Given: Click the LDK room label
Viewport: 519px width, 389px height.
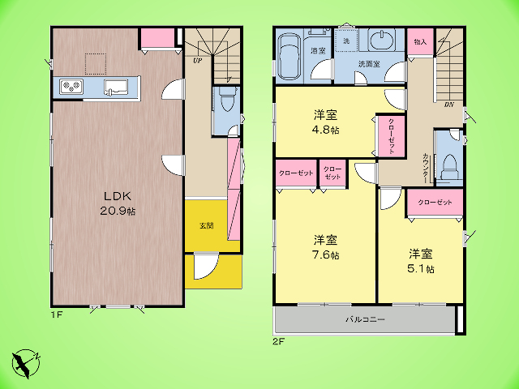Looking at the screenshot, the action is tap(118, 196).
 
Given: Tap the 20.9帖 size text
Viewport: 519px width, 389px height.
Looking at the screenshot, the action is tap(118, 211).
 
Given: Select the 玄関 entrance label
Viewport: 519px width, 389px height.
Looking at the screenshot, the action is tap(206, 226).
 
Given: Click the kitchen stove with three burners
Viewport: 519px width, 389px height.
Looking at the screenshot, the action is tap(71, 87).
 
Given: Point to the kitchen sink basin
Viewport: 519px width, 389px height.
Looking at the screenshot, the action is tap(116, 87).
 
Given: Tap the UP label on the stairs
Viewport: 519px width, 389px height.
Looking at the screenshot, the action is tap(198, 61).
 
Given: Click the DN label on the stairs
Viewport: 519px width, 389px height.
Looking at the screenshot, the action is tap(448, 105).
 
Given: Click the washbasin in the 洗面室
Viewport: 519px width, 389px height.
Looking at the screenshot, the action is tap(382, 41).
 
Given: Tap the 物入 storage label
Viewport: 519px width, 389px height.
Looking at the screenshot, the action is tap(420, 42).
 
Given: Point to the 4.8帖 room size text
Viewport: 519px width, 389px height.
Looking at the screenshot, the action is tap(326, 130).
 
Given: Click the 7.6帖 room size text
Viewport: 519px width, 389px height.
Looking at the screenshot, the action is tap(326, 255).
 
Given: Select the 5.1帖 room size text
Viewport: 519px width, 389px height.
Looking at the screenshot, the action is tap(421, 269).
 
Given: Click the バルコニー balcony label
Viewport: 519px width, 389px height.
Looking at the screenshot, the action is tap(366, 319).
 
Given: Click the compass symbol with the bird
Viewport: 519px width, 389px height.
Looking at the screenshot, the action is tap(26, 363).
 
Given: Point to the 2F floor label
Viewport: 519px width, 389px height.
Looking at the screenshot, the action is tap(279, 341).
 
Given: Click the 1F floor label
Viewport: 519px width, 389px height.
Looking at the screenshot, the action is tap(57, 314).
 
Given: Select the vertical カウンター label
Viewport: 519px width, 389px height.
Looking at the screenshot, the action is tap(425, 169).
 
